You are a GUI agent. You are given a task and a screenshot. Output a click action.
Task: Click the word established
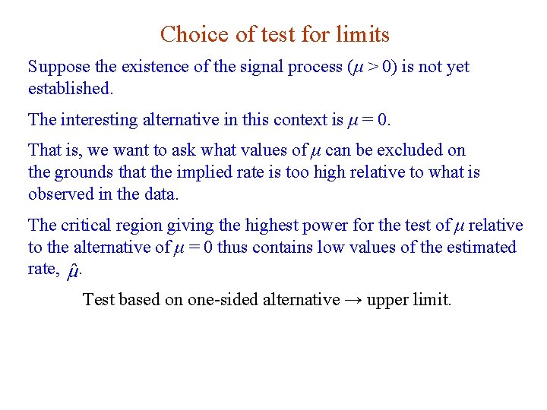coord(69,89)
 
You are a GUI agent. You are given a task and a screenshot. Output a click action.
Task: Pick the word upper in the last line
coord(387,301)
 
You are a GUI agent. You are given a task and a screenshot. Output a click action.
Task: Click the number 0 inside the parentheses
coord(387,68)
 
